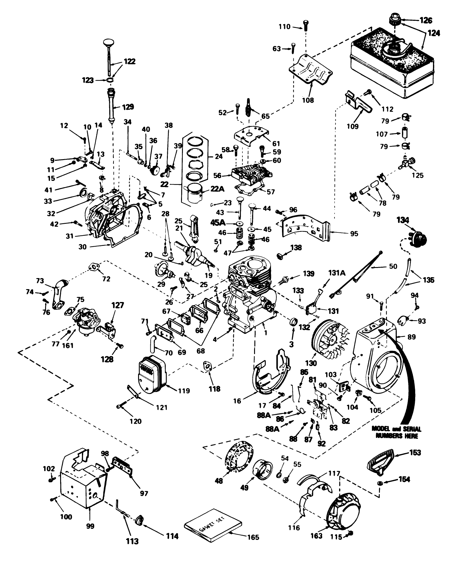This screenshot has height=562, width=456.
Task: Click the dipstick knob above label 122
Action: click(108, 42)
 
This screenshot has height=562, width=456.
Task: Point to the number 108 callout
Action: click(308, 100)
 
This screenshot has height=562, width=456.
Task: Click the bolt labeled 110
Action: click(305, 25)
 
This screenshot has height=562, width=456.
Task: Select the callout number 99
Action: click(90, 526)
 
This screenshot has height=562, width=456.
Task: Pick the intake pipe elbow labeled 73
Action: click(60, 293)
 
